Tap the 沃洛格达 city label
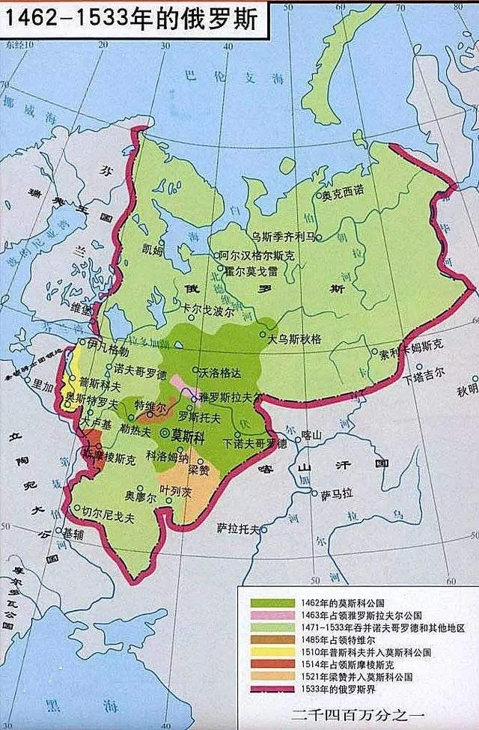221,371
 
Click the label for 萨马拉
335,496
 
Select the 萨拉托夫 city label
238,528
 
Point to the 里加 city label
43,382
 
